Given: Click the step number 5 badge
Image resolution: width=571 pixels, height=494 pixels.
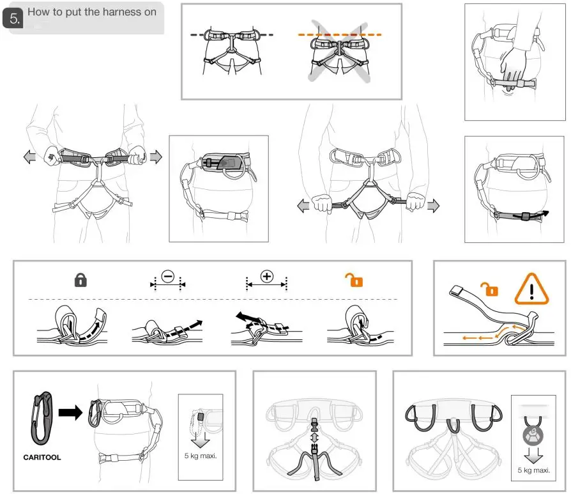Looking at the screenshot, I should point(12,20).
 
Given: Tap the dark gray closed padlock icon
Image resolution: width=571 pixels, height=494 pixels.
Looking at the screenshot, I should point(80,280).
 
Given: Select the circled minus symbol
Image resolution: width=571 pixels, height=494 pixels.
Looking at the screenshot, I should point(167,277).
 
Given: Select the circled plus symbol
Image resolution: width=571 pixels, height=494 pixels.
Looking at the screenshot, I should point(267,277).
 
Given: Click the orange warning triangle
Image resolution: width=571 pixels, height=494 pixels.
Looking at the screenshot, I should point(531,289).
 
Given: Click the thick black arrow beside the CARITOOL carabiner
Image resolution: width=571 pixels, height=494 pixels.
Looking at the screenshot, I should point(71,413).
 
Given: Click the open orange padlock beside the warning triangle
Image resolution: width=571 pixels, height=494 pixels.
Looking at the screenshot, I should point(491,289).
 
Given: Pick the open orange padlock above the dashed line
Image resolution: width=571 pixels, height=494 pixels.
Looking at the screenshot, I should point(354,280).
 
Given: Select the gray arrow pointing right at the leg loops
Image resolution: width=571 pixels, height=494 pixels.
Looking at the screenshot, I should point(433,205).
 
